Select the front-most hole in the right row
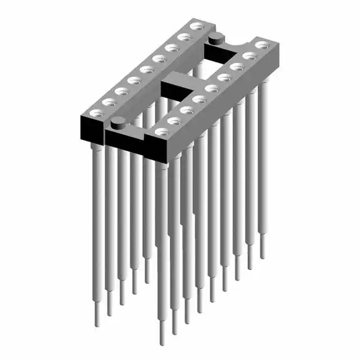point(161,132)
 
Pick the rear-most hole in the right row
point(260,44)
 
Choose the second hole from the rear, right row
point(248,55)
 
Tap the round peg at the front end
point(118,122)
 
